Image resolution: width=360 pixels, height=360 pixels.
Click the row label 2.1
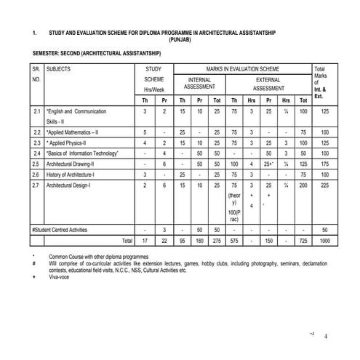[x=36, y=111]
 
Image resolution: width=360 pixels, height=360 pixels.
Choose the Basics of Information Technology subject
[x=81, y=153]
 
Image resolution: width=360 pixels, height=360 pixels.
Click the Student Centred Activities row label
[x=66, y=229]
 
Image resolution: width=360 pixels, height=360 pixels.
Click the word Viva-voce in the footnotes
[x=63, y=276]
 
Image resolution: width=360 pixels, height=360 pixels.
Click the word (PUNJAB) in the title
[x=179, y=41]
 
